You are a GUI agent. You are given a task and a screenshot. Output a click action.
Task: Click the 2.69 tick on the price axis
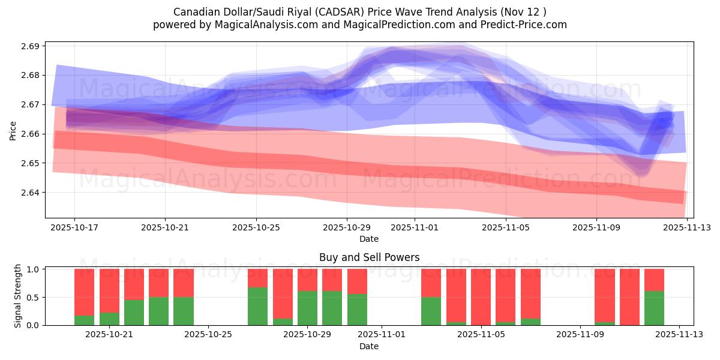coord(30,46)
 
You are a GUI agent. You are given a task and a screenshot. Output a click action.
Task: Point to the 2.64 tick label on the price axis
coord(30,193)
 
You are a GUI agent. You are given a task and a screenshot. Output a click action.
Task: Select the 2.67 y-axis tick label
coord(30,105)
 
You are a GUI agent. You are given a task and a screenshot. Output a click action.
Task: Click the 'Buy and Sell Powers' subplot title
coord(369,257)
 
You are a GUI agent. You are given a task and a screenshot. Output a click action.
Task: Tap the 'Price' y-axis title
coord(13,130)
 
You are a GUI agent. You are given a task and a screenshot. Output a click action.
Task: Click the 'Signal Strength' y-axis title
coord(18,296)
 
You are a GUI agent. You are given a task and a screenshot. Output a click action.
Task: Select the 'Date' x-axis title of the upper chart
coord(369,239)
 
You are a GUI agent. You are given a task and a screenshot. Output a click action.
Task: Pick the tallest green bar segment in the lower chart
coord(257,306)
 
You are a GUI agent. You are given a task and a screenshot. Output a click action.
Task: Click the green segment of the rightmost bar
coord(654,308)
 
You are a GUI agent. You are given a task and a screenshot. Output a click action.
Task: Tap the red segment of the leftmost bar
coord(84,292)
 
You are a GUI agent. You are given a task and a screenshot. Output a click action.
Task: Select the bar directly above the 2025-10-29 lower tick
coord(307,297)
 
